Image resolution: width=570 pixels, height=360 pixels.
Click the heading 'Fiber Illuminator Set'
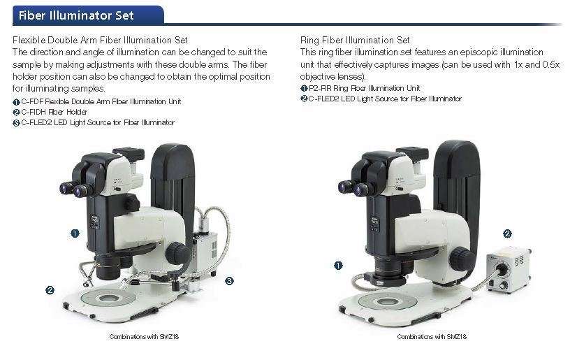[76, 15]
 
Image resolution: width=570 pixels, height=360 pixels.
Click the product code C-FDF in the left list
[32, 101]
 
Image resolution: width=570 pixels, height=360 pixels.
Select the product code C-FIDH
[34, 112]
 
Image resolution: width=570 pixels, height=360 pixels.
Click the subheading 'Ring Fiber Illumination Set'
[355, 40]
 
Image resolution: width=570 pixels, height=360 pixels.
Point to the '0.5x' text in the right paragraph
[550, 65]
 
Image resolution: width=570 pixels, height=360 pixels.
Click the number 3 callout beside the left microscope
[229, 281]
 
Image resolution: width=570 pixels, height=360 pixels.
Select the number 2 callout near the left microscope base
[50, 290]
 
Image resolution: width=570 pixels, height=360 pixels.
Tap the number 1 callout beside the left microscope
[75, 233]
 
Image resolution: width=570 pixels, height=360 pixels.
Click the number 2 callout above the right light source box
[507, 233]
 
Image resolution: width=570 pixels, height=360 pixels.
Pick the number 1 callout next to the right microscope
[338, 266]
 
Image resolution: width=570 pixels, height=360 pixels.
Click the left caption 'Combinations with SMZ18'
[144, 337]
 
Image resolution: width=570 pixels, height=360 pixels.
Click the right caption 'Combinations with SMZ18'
[432, 337]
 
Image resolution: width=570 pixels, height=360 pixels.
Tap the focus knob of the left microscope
[177, 253]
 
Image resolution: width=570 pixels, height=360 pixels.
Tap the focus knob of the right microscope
[462, 259]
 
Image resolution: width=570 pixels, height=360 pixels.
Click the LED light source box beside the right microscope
[509, 268]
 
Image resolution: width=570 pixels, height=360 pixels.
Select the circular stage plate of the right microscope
[387, 302]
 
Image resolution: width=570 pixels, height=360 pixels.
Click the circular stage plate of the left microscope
[108, 298]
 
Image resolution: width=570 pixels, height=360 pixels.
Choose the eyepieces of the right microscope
[354, 188]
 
